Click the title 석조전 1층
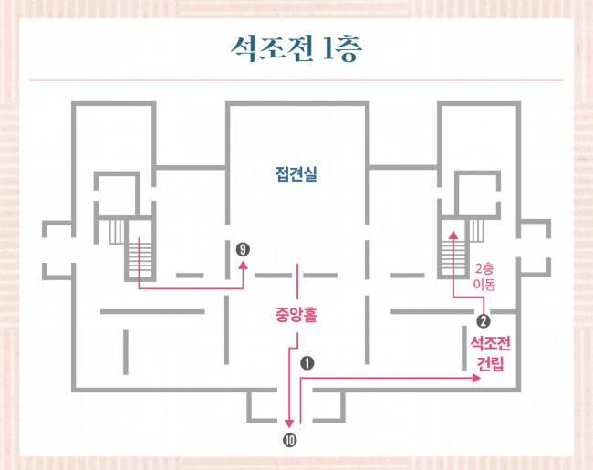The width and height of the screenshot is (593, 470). click(296, 47)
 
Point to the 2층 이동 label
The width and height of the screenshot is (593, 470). click(484, 277)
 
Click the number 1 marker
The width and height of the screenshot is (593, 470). click(307, 362)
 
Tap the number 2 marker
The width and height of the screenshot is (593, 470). click(484, 320)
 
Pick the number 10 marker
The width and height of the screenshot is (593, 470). click(290, 441)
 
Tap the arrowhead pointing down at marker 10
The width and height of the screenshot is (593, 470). click(289, 424)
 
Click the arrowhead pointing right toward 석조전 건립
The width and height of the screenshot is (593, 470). click(476, 379)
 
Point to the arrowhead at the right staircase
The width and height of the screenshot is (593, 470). click(453, 237)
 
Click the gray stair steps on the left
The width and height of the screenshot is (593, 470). click(117, 232)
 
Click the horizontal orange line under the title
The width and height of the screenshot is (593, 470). click(296, 81)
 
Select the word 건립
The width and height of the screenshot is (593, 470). click(490, 362)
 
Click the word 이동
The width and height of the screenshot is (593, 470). click(484, 284)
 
